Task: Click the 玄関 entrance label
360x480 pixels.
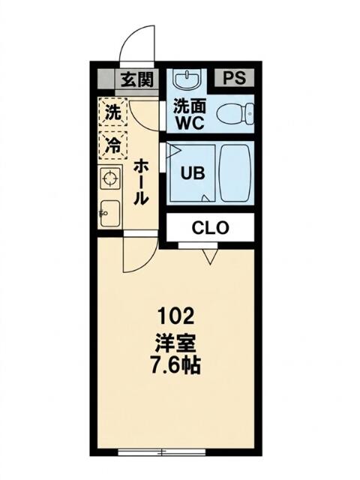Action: tap(136, 79)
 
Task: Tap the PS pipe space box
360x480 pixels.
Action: tap(234, 77)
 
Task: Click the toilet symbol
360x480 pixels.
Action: tap(235, 114)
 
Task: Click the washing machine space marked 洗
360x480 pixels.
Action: tap(113, 112)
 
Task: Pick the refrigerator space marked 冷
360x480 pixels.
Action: tap(113, 145)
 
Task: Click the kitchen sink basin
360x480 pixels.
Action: tap(110, 213)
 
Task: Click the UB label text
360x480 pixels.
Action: tap(193, 173)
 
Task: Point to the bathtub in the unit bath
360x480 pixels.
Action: tap(235, 173)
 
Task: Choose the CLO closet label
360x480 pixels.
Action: tap(210, 228)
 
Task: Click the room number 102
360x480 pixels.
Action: tap(175, 316)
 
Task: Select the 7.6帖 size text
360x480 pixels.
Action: tap(175, 365)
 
